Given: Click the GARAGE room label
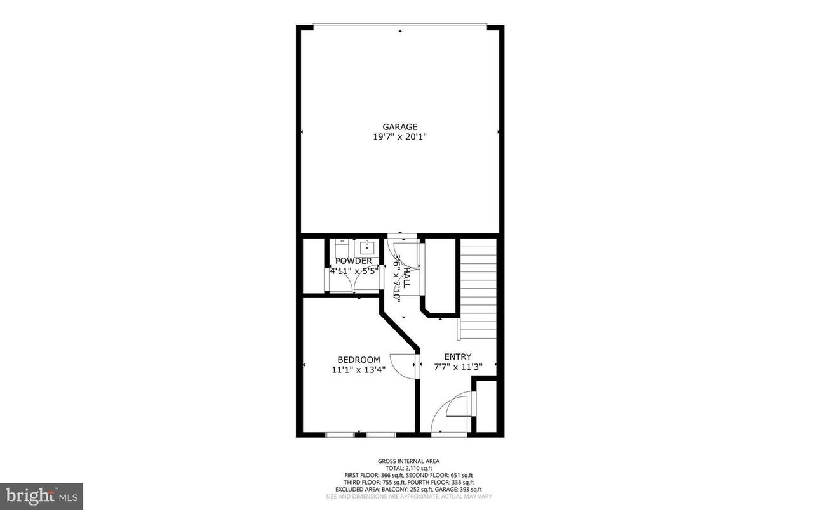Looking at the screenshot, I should tap(399, 127).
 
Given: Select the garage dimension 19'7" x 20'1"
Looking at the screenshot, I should tap(399, 136).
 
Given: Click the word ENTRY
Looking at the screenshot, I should tap(457, 356).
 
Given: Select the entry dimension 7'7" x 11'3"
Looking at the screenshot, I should tap(458, 366).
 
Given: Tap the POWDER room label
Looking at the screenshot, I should tap(354, 261).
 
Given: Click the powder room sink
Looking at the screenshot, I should tap(366, 246).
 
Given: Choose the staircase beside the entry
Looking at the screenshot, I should tap(478, 289).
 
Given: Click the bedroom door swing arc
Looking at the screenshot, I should tap(401, 365).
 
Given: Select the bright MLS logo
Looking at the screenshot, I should tap(41, 496).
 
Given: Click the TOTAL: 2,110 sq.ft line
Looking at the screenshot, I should tap(408, 468).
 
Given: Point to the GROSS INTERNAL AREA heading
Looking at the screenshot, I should tap(408, 461).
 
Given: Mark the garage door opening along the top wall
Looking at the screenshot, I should tap(400, 26).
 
